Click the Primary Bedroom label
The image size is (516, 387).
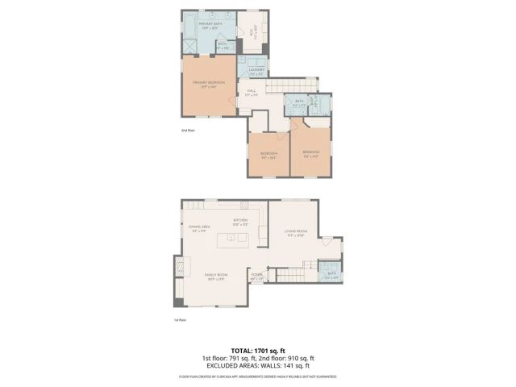[208, 85]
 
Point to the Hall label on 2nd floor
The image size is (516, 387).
[252, 93]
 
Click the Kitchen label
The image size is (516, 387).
[241, 222]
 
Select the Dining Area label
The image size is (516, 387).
[201, 229]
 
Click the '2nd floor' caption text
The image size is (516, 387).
[187, 130]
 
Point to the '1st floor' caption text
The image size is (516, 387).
[180, 320]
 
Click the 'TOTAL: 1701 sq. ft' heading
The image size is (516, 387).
[258, 351]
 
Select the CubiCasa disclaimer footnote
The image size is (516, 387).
[258, 377]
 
